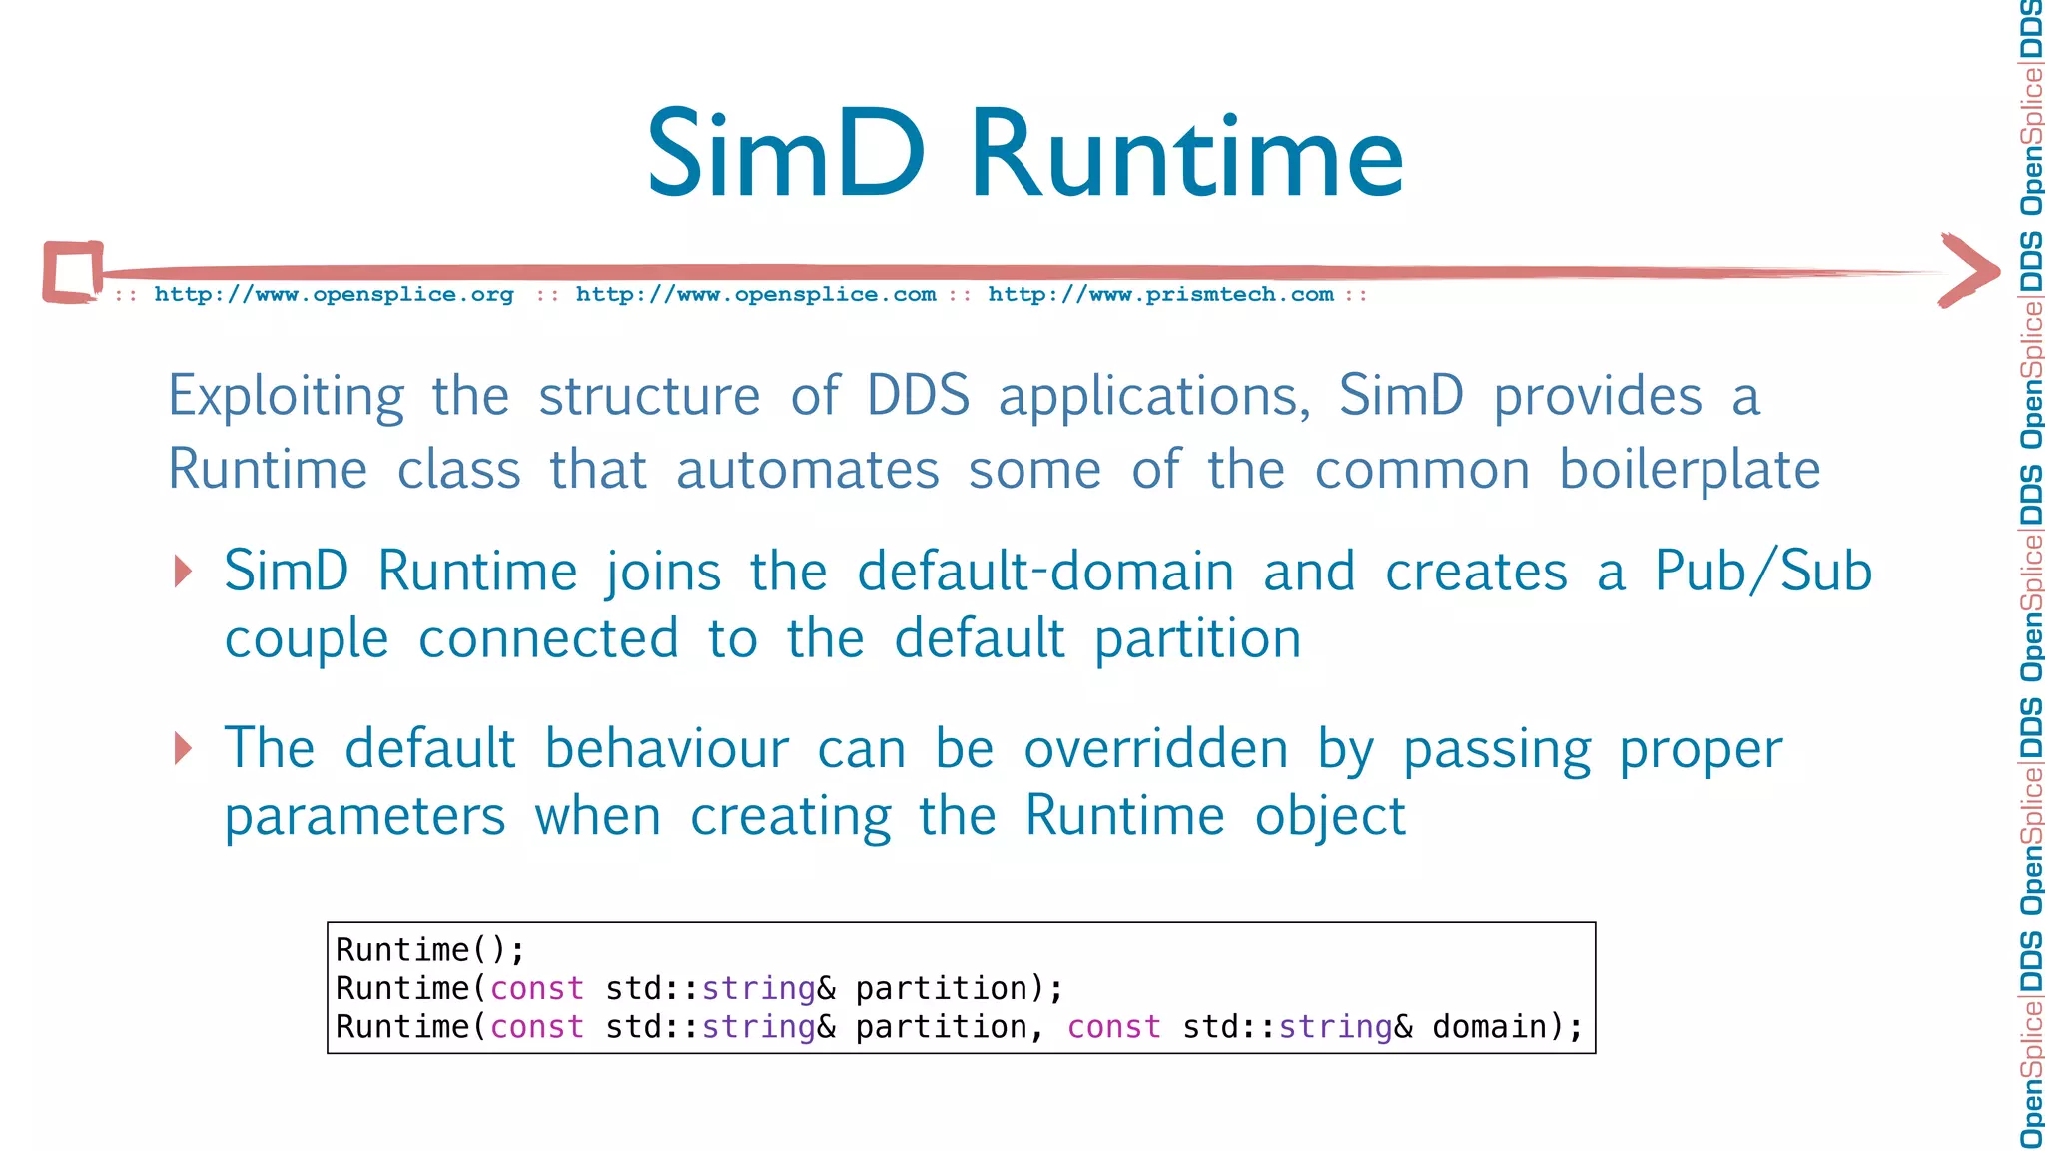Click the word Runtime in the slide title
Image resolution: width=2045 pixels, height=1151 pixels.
[1186, 155]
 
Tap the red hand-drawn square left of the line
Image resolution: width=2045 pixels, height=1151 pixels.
[73, 271]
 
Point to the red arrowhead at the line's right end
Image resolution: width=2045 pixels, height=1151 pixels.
[1969, 270]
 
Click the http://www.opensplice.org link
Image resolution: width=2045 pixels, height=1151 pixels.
[334, 295]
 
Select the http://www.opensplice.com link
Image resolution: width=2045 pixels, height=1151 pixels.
[756, 295]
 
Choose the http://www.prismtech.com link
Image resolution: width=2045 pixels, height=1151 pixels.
[1160, 295]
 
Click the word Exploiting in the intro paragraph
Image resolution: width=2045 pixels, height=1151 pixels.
[287, 397]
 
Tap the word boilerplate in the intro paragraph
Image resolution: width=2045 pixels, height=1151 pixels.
[1690, 470]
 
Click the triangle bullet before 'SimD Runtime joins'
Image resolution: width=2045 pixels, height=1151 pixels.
[183, 572]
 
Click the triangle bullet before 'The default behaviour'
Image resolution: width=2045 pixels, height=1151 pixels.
[183, 748]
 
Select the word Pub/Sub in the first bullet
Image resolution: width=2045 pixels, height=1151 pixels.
[1762, 572]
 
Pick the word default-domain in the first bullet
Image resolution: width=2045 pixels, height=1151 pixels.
[1045, 572]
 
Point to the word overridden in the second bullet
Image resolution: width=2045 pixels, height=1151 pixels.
[1155, 749]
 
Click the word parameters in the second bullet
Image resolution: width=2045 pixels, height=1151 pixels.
[365, 817]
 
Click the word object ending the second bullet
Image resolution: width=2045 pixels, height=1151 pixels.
[1330, 817]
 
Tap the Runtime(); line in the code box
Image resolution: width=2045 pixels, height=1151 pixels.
[430, 949]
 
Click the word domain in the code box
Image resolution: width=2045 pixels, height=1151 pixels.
[1489, 1027]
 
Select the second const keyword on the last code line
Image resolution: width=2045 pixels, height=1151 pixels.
[1114, 1027]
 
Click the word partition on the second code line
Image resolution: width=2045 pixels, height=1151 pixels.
[942, 988]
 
